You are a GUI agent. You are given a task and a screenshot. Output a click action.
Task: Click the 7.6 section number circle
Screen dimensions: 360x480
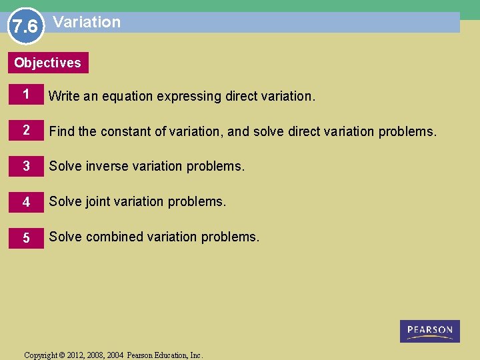[x=25, y=26]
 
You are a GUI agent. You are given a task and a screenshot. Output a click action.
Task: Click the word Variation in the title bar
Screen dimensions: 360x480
[x=87, y=22]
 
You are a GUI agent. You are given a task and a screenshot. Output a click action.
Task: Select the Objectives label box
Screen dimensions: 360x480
[x=48, y=63]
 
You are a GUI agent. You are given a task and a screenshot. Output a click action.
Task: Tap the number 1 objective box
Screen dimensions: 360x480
[x=26, y=95]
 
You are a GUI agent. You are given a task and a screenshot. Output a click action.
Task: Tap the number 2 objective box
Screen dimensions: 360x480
[x=26, y=131]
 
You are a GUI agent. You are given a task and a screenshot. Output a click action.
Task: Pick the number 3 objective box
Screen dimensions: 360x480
[x=26, y=166]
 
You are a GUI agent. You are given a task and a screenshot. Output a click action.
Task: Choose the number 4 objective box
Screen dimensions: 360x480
[x=26, y=201]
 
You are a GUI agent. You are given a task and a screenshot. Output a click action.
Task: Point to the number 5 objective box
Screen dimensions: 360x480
[x=26, y=237]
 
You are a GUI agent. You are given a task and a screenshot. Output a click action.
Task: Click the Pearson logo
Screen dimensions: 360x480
[x=429, y=331]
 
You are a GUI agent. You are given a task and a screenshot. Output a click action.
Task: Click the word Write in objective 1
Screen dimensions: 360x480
[x=64, y=96]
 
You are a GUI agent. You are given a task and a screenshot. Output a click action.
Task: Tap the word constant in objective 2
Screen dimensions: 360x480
[x=126, y=131]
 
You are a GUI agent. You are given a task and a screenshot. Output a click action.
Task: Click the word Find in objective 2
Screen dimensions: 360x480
[x=62, y=131]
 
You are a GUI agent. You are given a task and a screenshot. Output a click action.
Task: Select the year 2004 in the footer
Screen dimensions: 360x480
[x=115, y=355]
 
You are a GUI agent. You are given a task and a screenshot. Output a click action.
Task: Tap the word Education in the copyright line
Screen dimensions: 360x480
[x=169, y=355]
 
